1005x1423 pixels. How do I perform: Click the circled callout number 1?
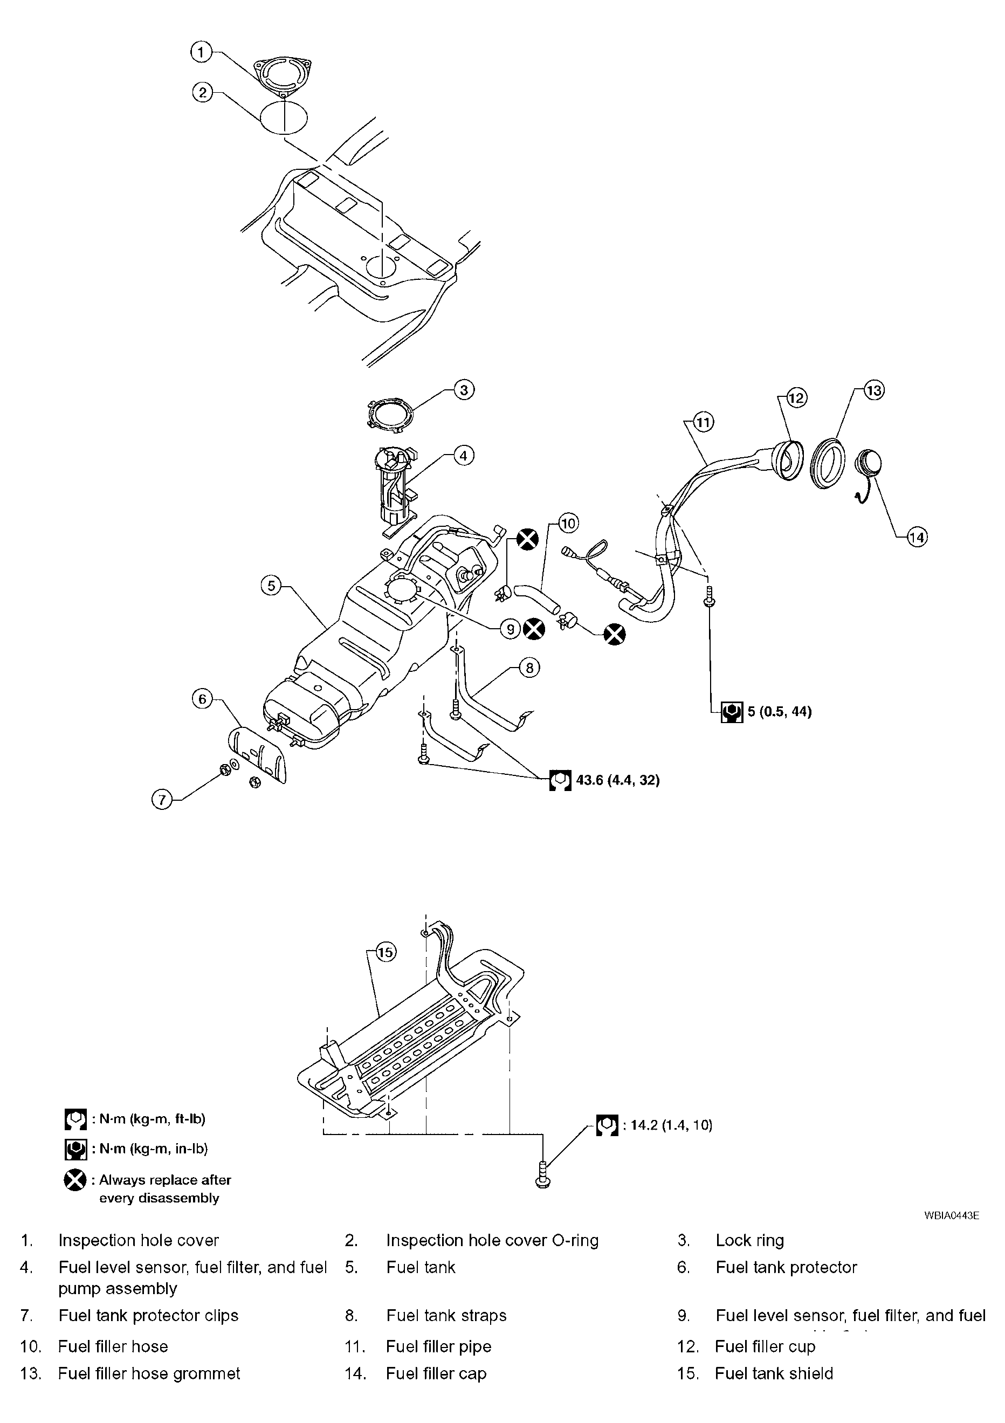[x=201, y=52]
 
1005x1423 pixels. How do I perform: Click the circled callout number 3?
[x=464, y=390]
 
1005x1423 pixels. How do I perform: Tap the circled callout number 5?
[x=271, y=585]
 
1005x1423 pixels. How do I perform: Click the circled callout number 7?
[x=162, y=800]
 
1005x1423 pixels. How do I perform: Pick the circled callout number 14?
[x=917, y=537]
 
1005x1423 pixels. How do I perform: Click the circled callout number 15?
[x=386, y=951]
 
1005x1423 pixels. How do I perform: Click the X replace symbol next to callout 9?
[x=533, y=630]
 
